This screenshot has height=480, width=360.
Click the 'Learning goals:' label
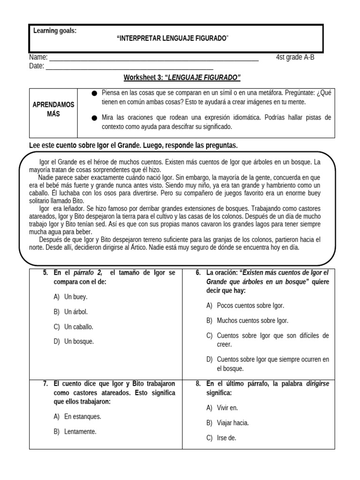55,31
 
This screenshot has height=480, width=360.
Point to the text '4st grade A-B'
299,58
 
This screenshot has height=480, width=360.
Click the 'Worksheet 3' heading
182,77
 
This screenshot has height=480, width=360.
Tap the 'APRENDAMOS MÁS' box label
53,110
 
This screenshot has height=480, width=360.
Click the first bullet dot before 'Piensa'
94,93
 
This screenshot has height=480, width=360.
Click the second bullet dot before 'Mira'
94,118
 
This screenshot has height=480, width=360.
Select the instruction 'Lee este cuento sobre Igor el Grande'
133,146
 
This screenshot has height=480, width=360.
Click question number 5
46,273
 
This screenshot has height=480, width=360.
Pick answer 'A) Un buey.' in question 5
71,297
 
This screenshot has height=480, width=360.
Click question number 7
46,383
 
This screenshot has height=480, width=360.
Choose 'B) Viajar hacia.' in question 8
228,423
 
